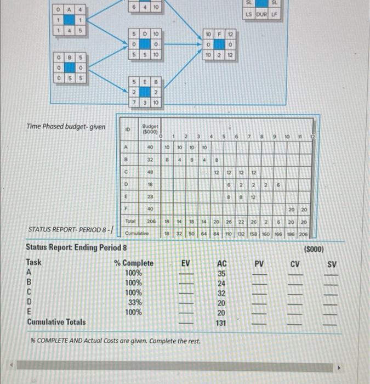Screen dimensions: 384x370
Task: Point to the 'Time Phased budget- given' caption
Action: click(x=66, y=126)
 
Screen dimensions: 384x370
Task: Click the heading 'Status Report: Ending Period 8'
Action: click(x=77, y=247)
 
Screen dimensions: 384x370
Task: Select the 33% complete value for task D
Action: click(x=134, y=302)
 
